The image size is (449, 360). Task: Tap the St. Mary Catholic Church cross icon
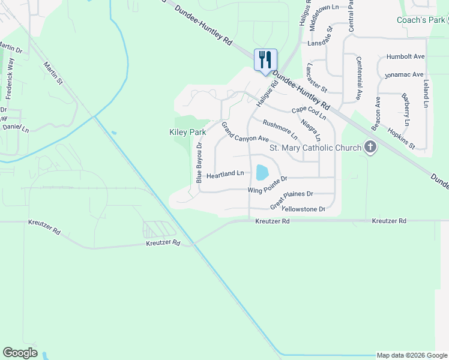coord(370,147)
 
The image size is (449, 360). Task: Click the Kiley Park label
coord(187,132)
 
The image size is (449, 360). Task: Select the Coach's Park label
coord(420,20)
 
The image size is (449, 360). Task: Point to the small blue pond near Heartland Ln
coord(262,173)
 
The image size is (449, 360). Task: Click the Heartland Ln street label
coord(225,175)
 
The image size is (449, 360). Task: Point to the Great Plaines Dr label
coord(292,199)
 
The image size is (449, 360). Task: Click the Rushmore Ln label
coord(280,127)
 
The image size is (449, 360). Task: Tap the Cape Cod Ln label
coord(309,112)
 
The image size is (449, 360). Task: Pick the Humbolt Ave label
coord(406,56)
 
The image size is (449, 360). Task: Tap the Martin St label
coord(52,73)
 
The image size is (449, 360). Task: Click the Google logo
coord(20,352)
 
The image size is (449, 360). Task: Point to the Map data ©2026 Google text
coord(411,355)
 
